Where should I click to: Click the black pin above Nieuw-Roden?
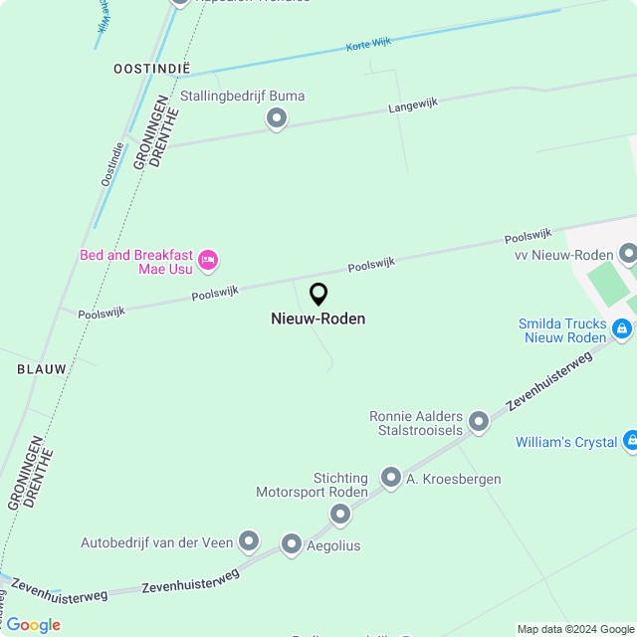pos(318,295)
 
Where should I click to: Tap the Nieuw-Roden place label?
pos(318,319)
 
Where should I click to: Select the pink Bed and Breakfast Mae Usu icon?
pos(208,261)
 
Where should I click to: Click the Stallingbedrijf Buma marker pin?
pos(277,119)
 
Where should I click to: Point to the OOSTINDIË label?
pos(151,69)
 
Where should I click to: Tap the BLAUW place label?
pos(42,369)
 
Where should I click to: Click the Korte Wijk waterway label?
pos(368,45)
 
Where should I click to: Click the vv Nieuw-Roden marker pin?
pos(627,254)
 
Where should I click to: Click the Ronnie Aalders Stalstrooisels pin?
pos(479,421)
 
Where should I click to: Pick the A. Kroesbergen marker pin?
pos(391,479)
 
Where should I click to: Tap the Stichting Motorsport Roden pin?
pos(340,514)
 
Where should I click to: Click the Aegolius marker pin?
pos(292,544)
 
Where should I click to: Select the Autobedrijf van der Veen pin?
pos(248,541)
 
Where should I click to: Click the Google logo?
pos(32,625)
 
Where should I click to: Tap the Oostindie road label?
pos(112,164)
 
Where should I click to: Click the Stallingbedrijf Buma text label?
pos(243,97)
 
